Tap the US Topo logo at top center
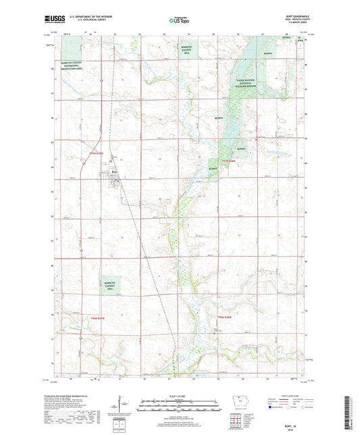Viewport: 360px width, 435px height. click(178, 21)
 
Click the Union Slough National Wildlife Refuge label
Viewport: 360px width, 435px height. click(249, 84)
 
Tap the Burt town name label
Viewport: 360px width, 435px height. click(114, 172)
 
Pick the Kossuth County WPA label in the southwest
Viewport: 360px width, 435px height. click(109, 286)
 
